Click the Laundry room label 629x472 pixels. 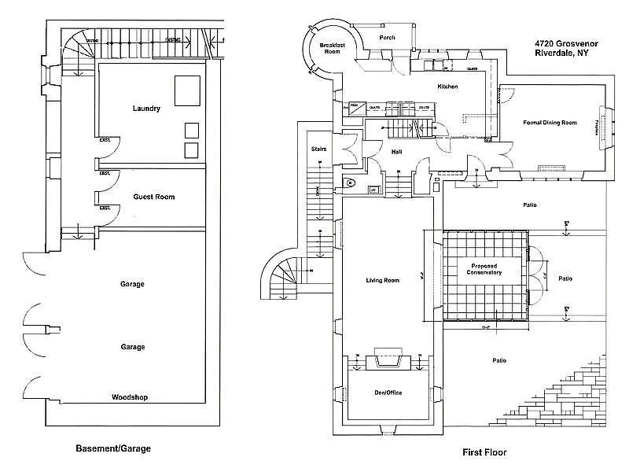147,108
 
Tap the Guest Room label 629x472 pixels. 154,197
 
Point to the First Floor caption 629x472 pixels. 485,452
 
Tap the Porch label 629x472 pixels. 387,38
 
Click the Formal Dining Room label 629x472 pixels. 550,123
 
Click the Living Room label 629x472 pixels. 383,280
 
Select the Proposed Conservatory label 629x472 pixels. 484,270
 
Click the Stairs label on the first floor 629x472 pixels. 319,148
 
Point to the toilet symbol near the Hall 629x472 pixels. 351,183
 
